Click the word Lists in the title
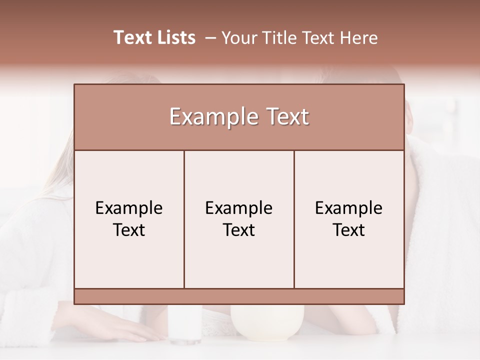pos(175,37)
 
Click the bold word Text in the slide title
pos(131,37)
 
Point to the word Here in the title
pos(359,38)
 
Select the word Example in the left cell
pos(129,208)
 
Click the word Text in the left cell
pos(129,230)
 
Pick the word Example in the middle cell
pos(239,208)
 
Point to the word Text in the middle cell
pos(239,230)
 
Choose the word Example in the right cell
pos(349,208)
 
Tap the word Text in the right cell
pos(349,230)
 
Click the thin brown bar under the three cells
pos(239,296)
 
